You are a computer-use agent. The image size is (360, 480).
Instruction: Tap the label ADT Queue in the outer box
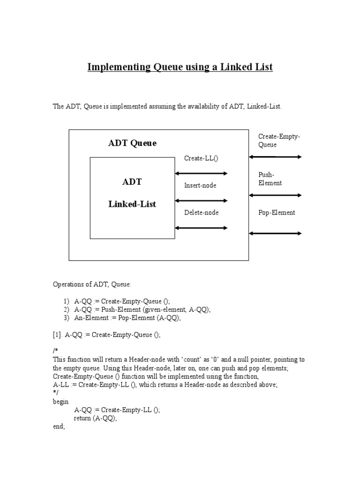point(132,143)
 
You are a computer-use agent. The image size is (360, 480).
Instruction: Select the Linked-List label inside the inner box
point(132,204)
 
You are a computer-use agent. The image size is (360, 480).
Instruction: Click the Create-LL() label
point(201,158)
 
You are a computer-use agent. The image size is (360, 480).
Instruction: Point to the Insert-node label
point(200,186)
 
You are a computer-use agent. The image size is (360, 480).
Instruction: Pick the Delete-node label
point(201,213)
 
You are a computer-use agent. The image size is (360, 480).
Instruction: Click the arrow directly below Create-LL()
point(201,173)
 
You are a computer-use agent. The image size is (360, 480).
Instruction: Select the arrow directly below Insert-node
point(201,201)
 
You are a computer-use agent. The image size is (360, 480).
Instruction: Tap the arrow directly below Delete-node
point(201,228)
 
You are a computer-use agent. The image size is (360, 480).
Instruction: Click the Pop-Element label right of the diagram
point(277,213)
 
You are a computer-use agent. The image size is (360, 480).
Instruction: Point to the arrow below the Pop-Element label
point(276,233)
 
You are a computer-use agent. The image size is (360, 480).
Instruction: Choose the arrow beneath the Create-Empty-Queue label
point(276,157)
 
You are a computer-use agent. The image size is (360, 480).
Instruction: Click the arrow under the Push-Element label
point(276,195)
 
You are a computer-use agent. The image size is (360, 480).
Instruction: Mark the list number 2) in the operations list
point(66,309)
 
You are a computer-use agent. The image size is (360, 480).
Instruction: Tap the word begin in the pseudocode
point(61,401)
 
